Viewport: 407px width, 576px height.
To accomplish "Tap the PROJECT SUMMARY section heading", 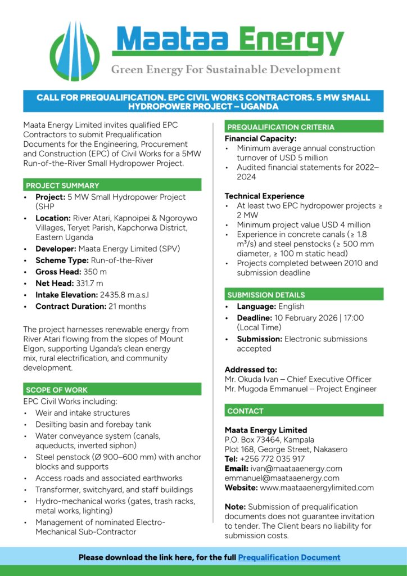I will click(62, 185).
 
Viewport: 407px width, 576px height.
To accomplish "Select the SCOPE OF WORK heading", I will click(57, 389).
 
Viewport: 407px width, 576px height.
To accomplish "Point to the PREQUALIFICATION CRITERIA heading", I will click(281, 127).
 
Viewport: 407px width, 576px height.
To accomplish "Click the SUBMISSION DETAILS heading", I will click(266, 295).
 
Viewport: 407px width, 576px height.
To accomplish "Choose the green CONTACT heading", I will click(246, 411).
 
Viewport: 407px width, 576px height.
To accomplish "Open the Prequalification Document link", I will click(289, 557).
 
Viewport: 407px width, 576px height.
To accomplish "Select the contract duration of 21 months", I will click(126, 307).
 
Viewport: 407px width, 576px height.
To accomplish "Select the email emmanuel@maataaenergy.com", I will click(282, 478).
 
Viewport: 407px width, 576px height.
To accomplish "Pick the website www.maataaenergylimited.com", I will click(316, 488).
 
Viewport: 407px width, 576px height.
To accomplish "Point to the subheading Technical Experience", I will click(264, 196).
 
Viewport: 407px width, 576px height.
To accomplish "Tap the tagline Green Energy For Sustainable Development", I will click(225, 70).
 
